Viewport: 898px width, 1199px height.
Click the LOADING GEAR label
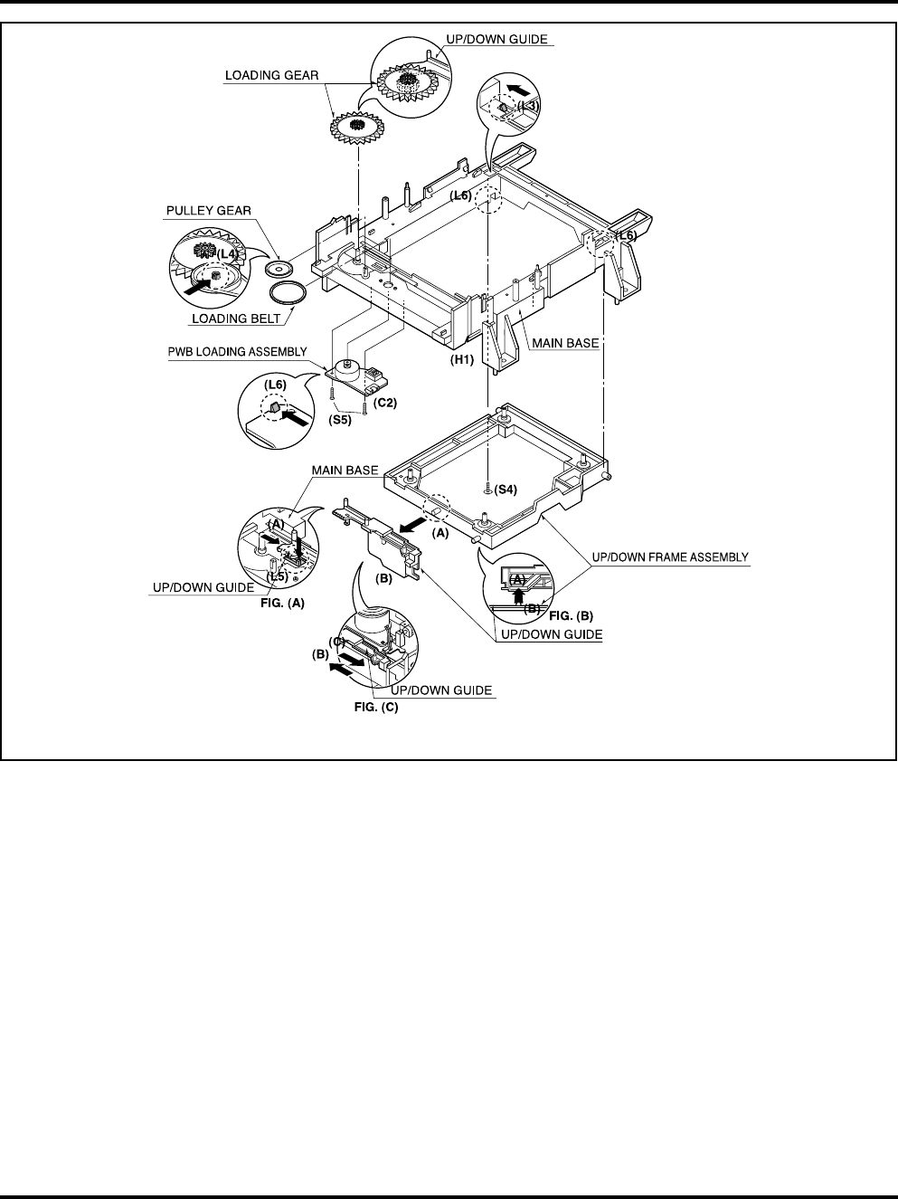[271, 76]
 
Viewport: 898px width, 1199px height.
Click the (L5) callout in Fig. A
[277, 576]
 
